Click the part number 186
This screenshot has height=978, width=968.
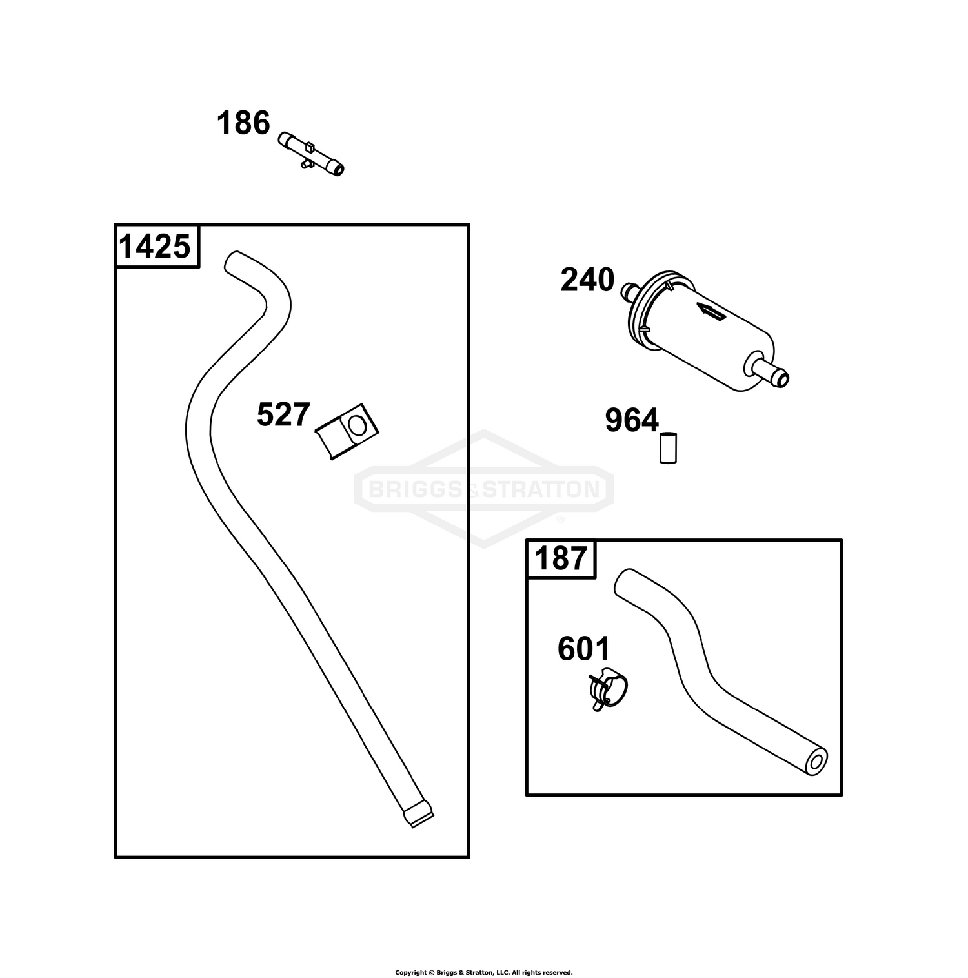(x=243, y=123)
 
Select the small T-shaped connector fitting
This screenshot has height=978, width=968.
(x=312, y=155)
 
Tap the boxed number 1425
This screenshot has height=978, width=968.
(x=156, y=247)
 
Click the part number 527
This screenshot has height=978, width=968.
(x=283, y=414)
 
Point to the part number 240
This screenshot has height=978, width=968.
(x=587, y=280)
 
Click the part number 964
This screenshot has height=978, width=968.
(x=632, y=420)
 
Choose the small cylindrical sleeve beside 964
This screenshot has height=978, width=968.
(x=668, y=447)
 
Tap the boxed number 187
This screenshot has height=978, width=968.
(x=561, y=559)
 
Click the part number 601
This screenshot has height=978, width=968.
(x=584, y=649)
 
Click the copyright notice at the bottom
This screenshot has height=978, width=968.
(x=484, y=954)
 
